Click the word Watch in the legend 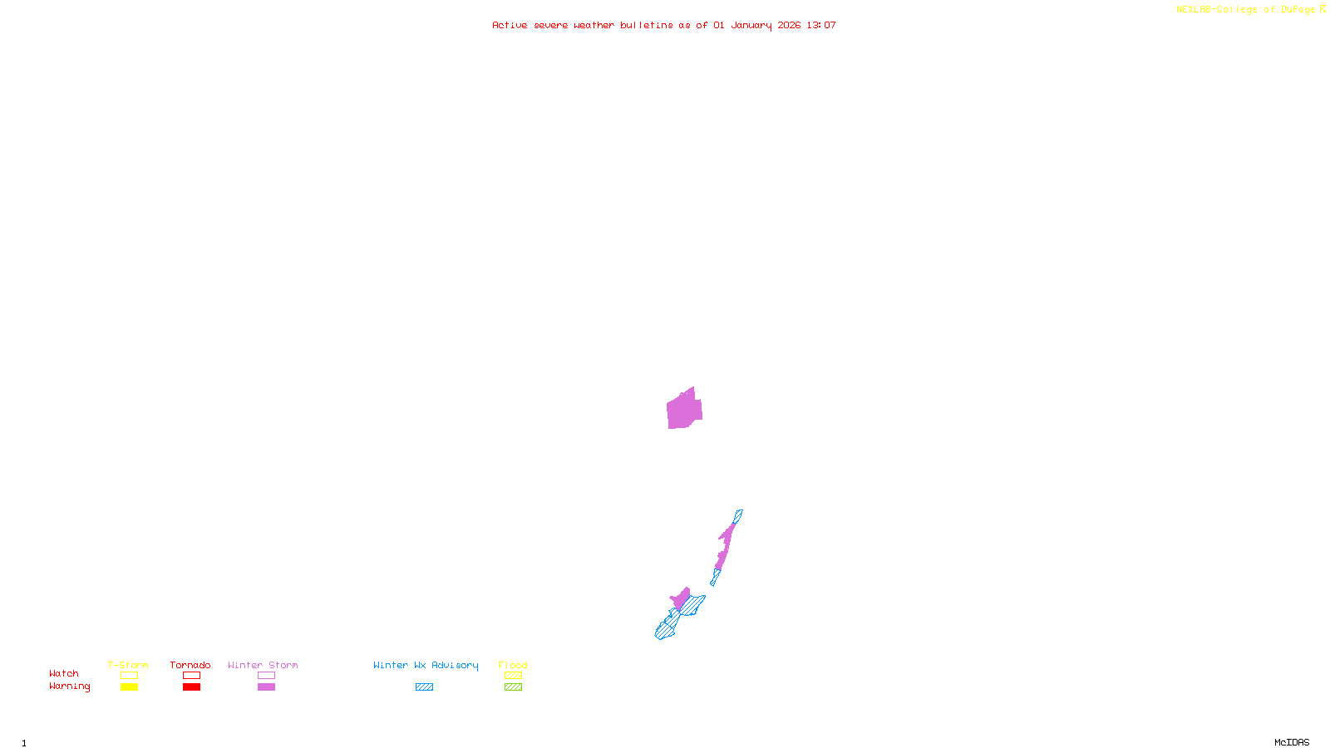(x=64, y=674)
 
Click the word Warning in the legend (x=69, y=686)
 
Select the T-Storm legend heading (x=128, y=665)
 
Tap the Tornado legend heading (x=190, y=665)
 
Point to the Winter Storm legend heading (x=263, y=665)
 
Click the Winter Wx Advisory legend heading (x=426, y=665)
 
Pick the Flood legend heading (x=513, y=665)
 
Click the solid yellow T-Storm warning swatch (x=129, y=687)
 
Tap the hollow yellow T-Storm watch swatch (x=129, y=676)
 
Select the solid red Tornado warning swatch (x=191, y=687)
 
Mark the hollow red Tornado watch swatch (x=191, y=676)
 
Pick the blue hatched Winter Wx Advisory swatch (x=424, y=687)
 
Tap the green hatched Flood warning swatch (x=513, y=687)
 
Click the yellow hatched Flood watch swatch (x=513, y=676)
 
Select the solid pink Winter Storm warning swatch (x=266, y=687)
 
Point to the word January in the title (x=751, y=26)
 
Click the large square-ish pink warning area (x=683, y=410)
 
